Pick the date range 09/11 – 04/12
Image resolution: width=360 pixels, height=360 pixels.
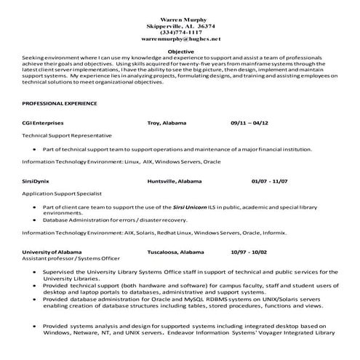pos(249,124)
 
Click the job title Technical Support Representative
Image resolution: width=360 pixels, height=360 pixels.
pos(67,135)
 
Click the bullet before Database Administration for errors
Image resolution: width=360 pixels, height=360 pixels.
pos(35,219)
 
